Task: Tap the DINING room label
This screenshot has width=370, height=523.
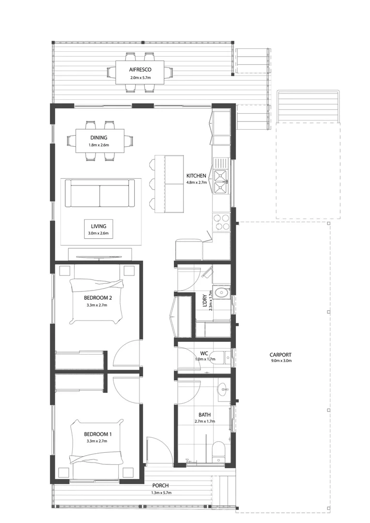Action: (x=98, y=138)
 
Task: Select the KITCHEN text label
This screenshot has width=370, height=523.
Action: (x=197, y=176)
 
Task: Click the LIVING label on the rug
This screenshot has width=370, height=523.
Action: (x=98, y=226)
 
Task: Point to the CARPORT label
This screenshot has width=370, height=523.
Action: (x=280, y=355)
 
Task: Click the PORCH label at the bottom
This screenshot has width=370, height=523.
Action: (x=160, y=486)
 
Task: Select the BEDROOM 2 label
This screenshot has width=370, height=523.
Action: (x=97, y=297)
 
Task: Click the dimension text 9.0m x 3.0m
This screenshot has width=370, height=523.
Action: (x=280, y=361)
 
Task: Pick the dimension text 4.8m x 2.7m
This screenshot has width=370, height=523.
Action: (x=197, y=183)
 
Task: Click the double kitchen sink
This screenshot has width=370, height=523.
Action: (x=221, y=178)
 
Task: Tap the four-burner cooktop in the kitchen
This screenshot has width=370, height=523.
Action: (x=221, y=222)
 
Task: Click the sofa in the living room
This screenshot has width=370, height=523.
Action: (x=100, y=194)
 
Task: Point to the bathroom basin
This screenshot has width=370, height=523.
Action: (x=223, y=388)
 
